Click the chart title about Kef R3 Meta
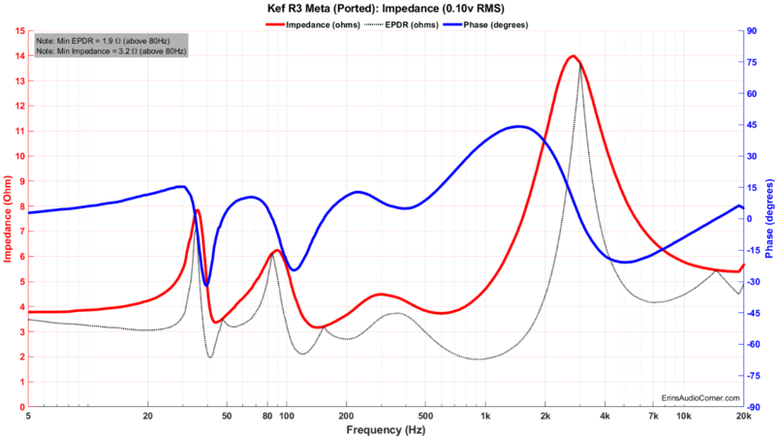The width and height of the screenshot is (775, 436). click(x=387, y=8)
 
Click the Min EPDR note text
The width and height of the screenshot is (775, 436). click(x=108, y=42)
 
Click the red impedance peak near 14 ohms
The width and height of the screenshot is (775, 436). click(x=573, y=56)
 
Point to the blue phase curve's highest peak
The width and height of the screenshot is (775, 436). click(x=520, y=126)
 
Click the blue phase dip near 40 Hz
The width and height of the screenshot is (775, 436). click(x=206, y=285)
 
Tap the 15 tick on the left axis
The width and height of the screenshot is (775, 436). click(x=20, y=30)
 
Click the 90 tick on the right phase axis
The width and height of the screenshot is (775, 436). click(x=751, y=30)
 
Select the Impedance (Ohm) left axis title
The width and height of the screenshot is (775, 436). click(x=8, y=219)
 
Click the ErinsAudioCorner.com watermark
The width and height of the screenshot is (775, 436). click(x=700, y=397)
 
